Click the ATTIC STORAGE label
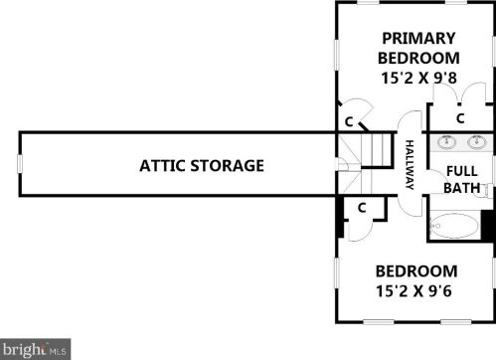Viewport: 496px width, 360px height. tap(202, 166)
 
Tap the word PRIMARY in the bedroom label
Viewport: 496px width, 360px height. tap(418, 38)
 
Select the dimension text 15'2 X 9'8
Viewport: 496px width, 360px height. tap(419, 79)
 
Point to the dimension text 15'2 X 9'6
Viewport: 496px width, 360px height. tap(413, 291)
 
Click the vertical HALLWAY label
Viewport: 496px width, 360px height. tap(410, 165)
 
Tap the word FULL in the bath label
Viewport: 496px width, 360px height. tap(462, 171)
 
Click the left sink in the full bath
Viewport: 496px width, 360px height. tap(446, 142)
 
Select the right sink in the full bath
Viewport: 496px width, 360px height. tap(477, 142)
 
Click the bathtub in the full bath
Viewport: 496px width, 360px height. tap(454, 226)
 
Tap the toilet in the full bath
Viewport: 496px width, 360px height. tap(486, 191)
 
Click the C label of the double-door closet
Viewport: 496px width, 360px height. tap(460, 118)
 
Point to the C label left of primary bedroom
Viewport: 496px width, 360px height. tap(349, 122)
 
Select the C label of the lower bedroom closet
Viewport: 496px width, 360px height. tap(362, 208)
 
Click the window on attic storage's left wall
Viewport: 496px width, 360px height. tap(20, 164)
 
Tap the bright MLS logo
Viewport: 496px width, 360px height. tap(35, 349)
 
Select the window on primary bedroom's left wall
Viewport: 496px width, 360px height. tap(337, 55)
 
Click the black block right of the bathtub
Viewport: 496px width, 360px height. tap(488, 226)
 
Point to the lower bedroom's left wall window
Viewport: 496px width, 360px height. tap(337, 273)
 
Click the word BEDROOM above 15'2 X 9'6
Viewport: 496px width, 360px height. tap(416, 271)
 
